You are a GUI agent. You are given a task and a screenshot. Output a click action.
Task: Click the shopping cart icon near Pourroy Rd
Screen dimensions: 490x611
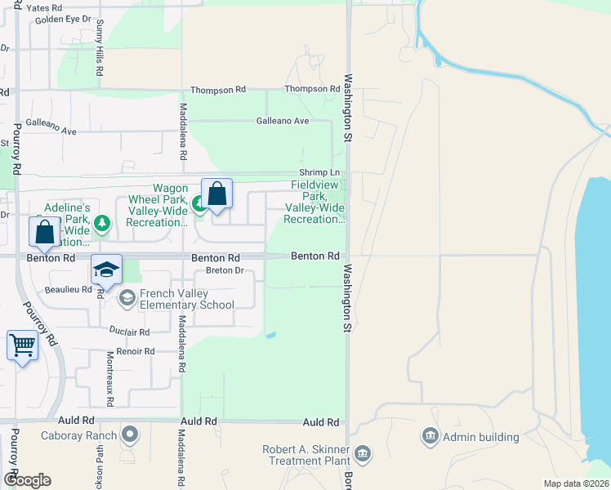[23, 345]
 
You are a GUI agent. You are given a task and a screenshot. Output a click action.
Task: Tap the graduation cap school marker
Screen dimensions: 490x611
[106, 269]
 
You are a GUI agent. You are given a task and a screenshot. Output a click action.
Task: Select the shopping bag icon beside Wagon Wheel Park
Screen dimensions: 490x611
[216, 194]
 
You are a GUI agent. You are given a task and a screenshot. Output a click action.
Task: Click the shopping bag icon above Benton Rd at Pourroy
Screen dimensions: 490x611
[45, 231]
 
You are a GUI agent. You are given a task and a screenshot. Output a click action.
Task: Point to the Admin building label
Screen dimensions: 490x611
[481, 437]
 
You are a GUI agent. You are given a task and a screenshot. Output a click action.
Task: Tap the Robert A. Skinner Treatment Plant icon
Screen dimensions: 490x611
[363, 452]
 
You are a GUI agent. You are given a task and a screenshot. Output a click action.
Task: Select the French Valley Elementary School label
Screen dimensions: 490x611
[187, 299]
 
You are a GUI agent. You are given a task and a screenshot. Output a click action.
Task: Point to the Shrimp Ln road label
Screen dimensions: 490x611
[319, 172]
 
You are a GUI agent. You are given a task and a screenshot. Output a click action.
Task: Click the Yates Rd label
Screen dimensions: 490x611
[44, 7]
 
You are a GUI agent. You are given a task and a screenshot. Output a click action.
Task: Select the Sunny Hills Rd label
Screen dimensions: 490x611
[99, 49]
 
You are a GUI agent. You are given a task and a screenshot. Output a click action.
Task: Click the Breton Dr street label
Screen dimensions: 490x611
[225, 270]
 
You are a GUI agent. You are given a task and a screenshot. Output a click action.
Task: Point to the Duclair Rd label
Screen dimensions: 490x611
[130, 332]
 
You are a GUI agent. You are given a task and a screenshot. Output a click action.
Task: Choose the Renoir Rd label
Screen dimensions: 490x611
[135, 352]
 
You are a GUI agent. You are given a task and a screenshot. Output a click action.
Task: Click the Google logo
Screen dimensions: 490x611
[26, 480]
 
